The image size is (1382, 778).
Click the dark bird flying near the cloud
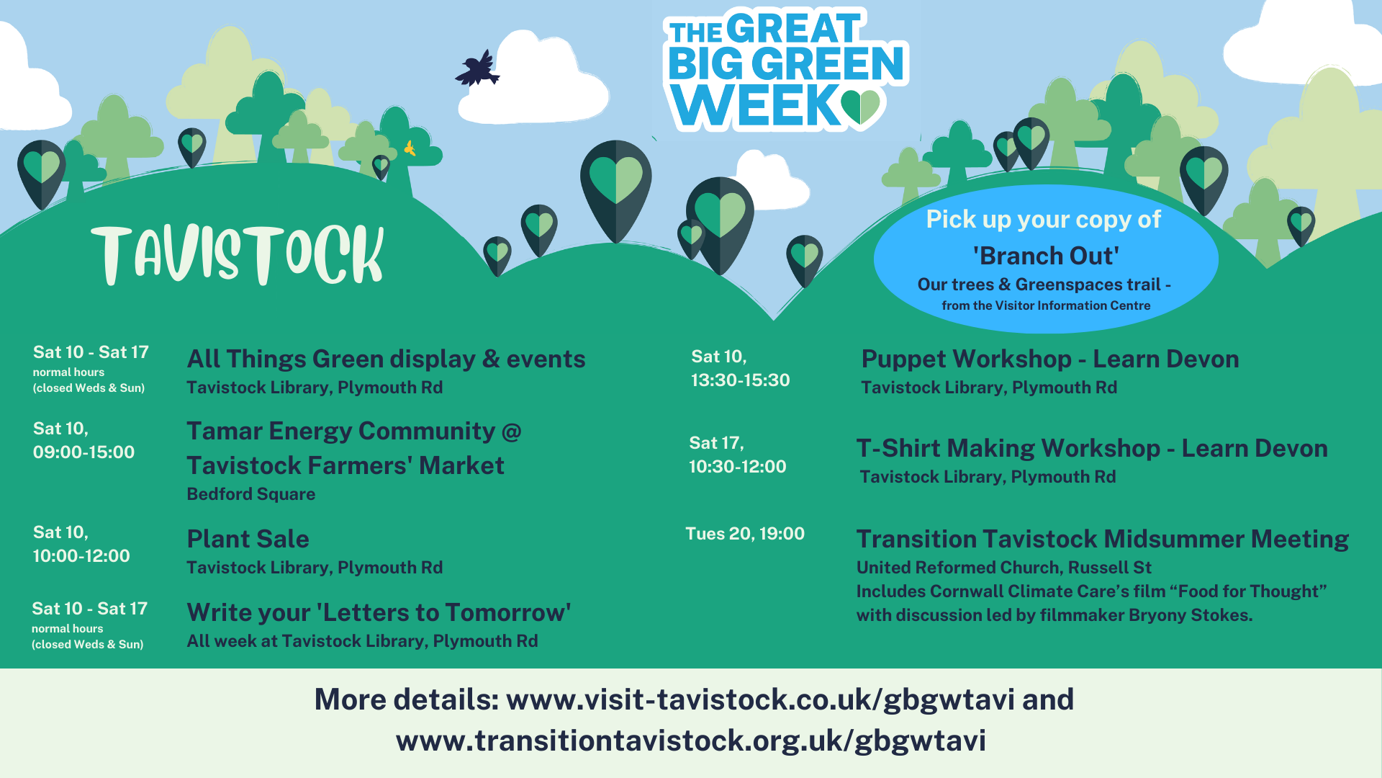click(x=477, y=68)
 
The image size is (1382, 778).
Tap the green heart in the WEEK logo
click(x=860, y=107)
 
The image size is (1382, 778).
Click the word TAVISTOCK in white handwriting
click(x=238, y=254)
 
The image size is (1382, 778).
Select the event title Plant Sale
click(x=248, y=539)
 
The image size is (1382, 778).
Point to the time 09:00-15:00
click(x=83, y=452)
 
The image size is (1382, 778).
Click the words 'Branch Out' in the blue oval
click(x=1046, y=256)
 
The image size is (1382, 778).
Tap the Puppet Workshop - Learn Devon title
click(x=1050, y=359)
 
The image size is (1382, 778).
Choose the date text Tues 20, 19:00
click(x=745, y=534)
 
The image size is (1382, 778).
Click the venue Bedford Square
click(x=250, y=494)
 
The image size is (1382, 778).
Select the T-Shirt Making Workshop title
click(x=1008, y=448)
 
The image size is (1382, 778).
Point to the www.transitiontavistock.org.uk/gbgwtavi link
click(x=691, y=741)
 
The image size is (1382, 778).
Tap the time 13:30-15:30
click(x=740, y=380)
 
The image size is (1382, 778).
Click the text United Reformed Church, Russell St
click(x=1003, y=568)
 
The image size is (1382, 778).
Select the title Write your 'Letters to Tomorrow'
click(x=379, y=612)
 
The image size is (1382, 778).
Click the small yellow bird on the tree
click(x=410, y=148)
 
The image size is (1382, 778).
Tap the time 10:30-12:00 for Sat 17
click(x=737, y=467)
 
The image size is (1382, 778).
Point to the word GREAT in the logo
click(x=794, y=29)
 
